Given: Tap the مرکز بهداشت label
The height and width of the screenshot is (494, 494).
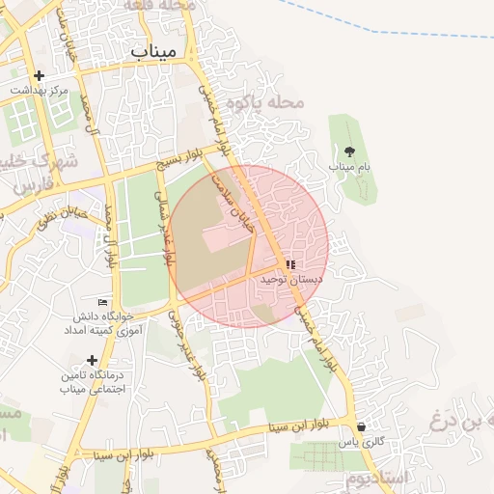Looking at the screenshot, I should tap(40, 90).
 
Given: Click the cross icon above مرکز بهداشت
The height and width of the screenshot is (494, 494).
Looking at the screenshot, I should tap(39, 75).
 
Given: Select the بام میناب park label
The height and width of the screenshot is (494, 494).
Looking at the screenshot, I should tap(349, 166).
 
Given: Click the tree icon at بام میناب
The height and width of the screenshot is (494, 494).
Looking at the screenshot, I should tap(348, 151).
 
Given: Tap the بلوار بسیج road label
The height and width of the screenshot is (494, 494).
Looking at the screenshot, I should tap(182, 157).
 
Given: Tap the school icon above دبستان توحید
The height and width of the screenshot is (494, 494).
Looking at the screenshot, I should tap(289, 264).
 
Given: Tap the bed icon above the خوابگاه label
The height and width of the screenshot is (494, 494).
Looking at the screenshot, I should tap(102, 302).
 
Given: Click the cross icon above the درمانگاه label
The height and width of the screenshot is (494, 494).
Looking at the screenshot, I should tap(92, 361).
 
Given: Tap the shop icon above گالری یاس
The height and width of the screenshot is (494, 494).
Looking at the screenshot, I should tap(361, 426).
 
